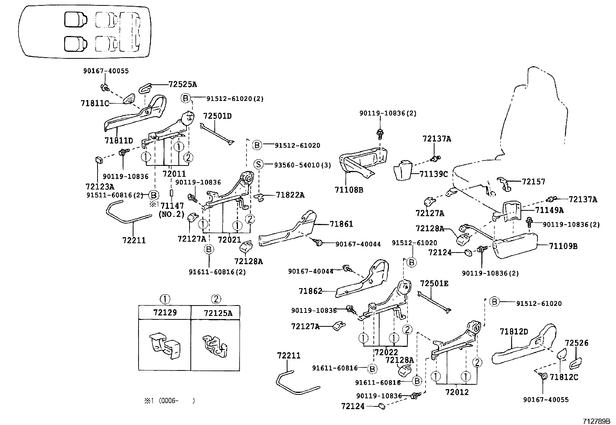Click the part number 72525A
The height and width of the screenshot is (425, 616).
tap(182, 84)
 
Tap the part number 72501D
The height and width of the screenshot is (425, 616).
tap(217, 116)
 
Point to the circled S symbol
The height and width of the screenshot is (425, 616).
tap(258, 165)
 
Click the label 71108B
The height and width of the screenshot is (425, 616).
tap(349, 190)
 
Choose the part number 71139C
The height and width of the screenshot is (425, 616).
tap(433, 174)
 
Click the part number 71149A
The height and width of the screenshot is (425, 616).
tap(549, 210)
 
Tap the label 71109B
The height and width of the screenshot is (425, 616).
tap(563, 246)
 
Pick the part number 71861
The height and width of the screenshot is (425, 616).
tap(341, 224)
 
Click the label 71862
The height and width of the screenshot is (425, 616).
tap(310, 291)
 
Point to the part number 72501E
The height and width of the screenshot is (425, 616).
tap(434, 283)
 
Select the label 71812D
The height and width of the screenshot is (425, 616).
tap(513, 332)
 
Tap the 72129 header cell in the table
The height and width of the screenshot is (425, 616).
tap(165, 312)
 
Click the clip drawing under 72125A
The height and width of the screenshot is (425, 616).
tap(216, 345)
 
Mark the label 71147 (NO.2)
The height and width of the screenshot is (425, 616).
tap(172, 210)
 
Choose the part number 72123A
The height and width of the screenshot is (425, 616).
tap(100, 186)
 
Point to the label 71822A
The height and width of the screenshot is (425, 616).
tap(290, 195)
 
